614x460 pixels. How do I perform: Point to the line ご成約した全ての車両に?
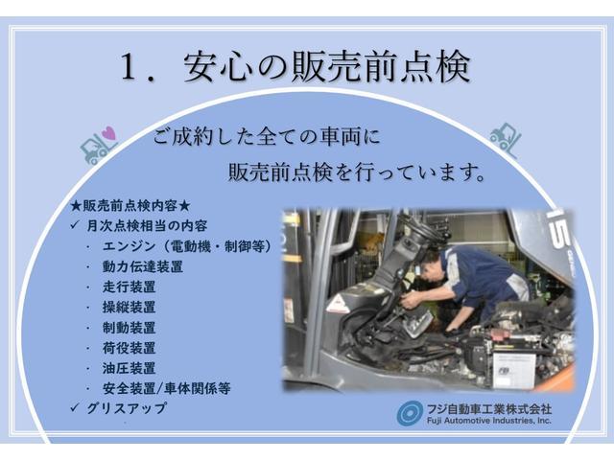(x=268, y=137)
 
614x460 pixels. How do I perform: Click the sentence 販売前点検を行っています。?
(x=355, y=173)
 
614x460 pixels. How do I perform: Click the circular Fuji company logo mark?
(x=410, y=413)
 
